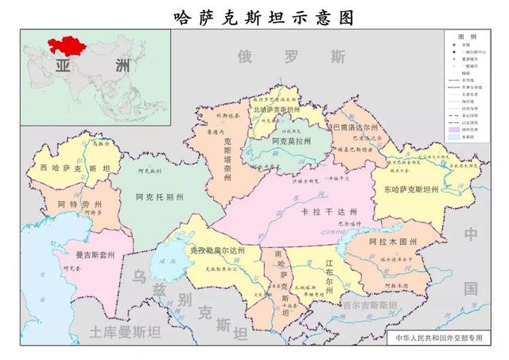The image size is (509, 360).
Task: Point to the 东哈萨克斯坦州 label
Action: (x=411, y=189)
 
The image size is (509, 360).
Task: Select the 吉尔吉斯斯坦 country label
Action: (x=368, y=305)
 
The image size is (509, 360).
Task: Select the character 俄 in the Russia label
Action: (x=245, y=56)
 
